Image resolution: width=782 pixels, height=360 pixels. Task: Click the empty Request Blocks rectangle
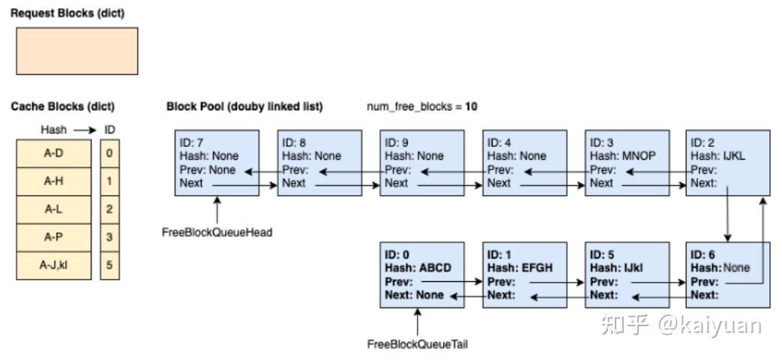76,51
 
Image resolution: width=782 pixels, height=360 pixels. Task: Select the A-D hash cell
54,153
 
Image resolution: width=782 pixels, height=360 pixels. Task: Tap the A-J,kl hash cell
54,265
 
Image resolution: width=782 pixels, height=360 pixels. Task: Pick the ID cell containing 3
109,237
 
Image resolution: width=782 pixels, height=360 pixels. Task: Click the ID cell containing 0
109,153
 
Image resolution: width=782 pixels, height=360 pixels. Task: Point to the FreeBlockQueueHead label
217,232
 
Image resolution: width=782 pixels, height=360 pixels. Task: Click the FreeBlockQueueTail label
418,344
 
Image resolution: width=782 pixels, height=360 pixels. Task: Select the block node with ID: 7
217,163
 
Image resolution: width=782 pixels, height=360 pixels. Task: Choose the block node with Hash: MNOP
628,163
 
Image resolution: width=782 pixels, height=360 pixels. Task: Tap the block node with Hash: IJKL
728,163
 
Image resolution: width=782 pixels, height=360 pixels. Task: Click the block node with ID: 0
422,274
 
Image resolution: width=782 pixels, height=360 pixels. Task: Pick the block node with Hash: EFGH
525,274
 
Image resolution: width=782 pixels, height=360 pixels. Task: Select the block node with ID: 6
728,274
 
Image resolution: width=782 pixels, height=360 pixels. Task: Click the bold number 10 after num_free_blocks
472,106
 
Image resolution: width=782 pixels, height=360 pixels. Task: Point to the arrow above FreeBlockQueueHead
217,210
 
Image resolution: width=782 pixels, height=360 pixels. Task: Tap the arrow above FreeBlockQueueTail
418,322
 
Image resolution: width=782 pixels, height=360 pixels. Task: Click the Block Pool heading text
244,106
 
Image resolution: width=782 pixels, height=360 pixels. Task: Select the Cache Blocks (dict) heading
63,106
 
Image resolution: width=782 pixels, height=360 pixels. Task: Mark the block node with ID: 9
422,163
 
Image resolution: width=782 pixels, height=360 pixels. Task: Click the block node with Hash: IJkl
628,274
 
